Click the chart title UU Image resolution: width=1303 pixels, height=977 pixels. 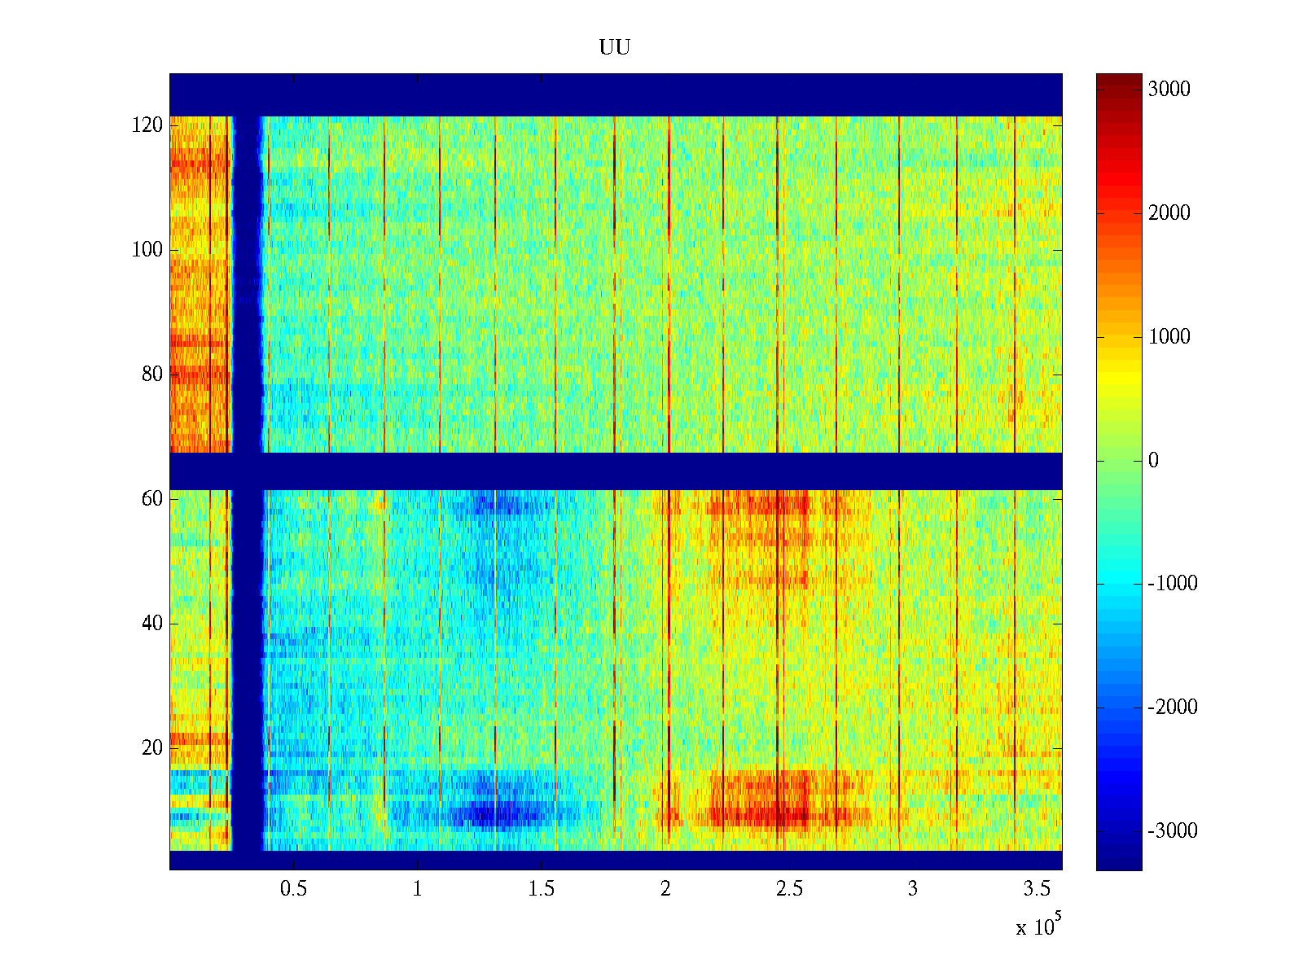[x=615, y=47]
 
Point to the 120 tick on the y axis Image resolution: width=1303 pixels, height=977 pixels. [x=147, y=125]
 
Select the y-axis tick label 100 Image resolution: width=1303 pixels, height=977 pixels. [x=147, y=250]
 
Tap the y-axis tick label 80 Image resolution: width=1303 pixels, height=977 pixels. [x=152, y=375]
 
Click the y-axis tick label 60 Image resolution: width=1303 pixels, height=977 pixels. [x=152, y=499]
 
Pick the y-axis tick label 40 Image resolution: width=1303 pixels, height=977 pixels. [x=152, y=624]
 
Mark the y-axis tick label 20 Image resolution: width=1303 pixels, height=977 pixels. [x=152, y=748]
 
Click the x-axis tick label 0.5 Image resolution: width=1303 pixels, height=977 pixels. [x=293, y=889]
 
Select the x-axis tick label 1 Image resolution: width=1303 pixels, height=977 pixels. [x=418, y=889]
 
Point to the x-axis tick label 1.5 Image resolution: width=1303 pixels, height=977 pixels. [x=542, y=889]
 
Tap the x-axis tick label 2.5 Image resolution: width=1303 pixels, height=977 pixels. [x=789, y=889]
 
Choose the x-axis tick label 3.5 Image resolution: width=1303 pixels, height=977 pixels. [x=1037, y=889]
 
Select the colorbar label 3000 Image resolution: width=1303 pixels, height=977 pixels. [x=1169, y=90]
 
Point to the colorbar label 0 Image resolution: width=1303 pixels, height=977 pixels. [x=1153, y=461]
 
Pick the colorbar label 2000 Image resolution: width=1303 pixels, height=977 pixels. [x=1169, y=213]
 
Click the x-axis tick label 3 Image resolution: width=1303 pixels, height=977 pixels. [x=913, y=889]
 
